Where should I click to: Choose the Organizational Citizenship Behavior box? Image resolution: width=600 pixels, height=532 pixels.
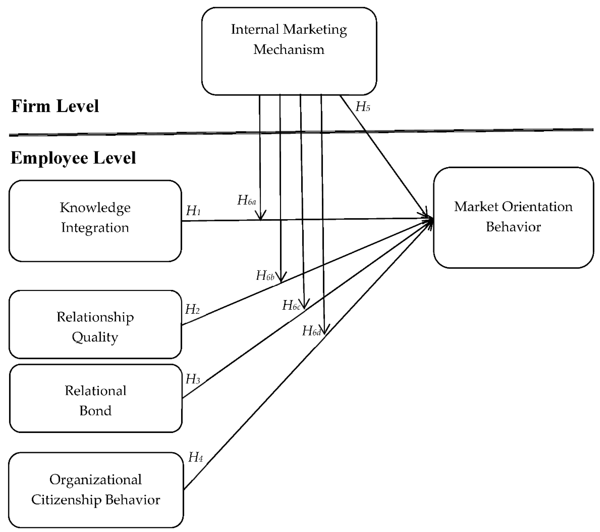tap(96, 489)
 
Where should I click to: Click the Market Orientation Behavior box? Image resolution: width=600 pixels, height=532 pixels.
tap(513, 217)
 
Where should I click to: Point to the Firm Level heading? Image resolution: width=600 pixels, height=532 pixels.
tap(55, 106)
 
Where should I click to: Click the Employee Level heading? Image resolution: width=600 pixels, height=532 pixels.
tap(73, 158)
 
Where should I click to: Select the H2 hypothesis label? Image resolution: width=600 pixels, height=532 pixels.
tap(192, 309)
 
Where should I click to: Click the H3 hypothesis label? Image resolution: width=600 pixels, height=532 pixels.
tap(193, 379)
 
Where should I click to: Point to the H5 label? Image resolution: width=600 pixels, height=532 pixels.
tap(363, 107)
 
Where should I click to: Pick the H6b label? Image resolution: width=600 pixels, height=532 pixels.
tap(265, 276)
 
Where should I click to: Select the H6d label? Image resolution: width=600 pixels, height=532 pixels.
tap(311, 331)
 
